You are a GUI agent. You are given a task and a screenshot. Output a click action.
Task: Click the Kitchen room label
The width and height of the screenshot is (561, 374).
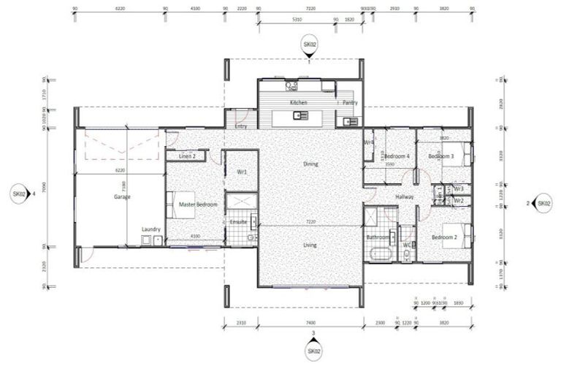[298, 103]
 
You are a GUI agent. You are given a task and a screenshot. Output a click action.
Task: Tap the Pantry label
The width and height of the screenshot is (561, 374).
[350, 103]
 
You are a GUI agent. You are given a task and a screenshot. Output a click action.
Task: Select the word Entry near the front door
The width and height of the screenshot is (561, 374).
[240, 126]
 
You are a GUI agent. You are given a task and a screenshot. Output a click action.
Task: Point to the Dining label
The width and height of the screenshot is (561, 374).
[310, 164]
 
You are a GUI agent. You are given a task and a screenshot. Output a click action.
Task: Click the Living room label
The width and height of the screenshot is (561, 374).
[310, 245]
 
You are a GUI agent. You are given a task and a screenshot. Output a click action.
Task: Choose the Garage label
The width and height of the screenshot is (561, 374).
[121, 196]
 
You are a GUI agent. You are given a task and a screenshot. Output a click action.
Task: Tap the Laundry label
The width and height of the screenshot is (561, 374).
[151, 229]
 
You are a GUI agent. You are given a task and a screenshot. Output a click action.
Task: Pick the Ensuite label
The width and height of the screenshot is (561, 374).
[238, 221]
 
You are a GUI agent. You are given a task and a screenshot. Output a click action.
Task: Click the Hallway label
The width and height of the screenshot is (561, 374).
[405, 196]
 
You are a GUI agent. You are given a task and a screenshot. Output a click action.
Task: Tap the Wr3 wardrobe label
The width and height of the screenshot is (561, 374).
[459, 189]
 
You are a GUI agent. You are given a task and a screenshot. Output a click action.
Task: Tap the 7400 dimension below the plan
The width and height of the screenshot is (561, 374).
[310, 322]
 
